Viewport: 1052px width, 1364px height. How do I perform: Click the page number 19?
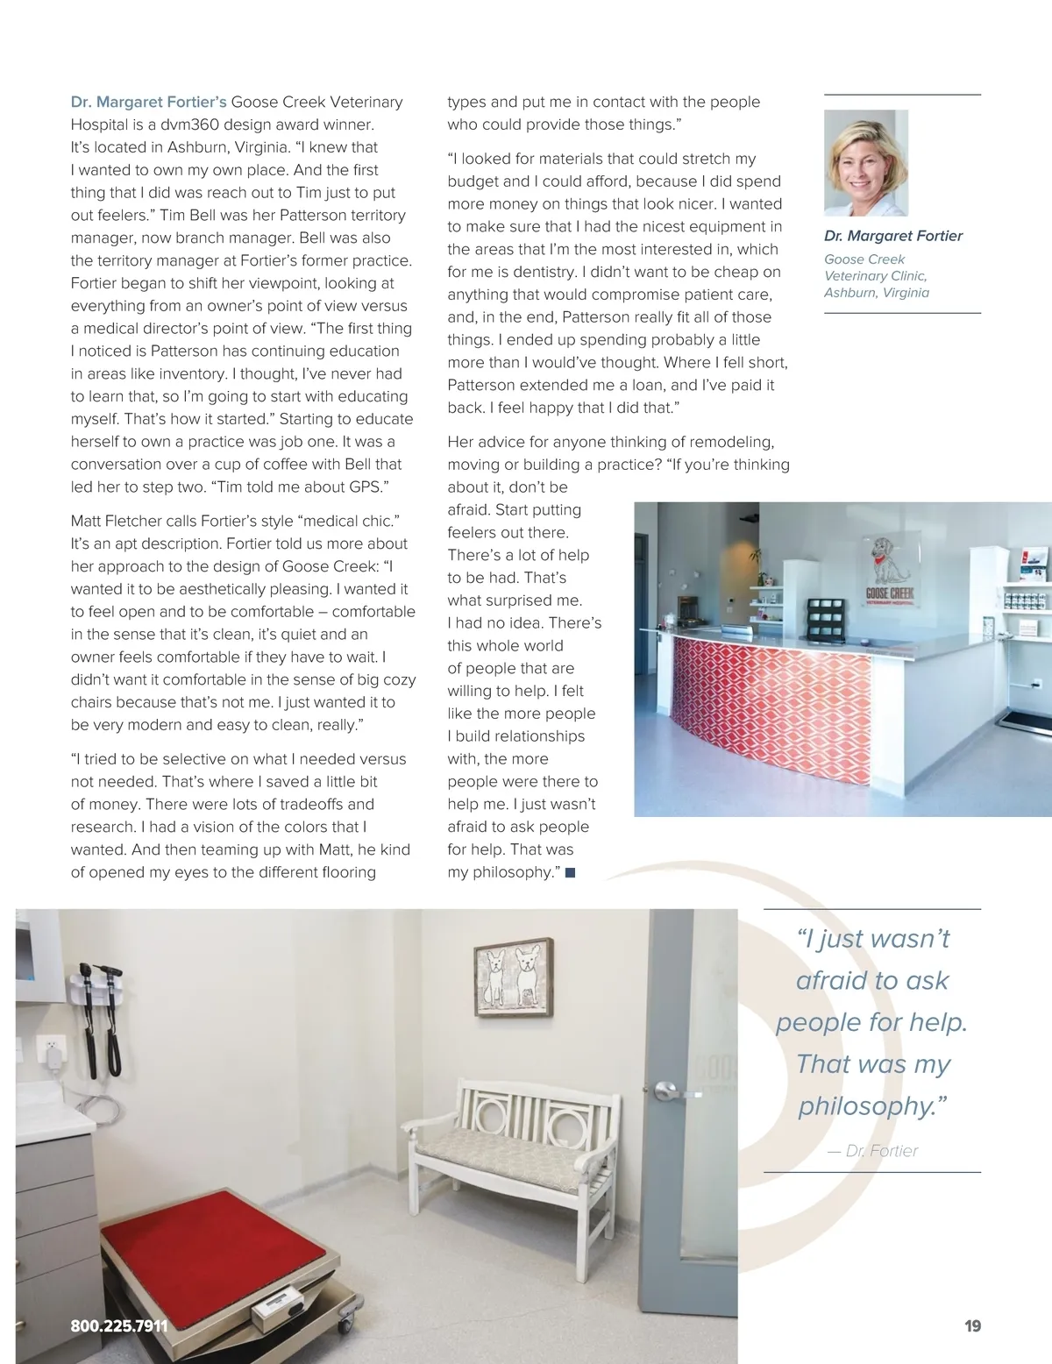(972, 1326)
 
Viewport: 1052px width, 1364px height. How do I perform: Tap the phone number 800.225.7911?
(119, 1326)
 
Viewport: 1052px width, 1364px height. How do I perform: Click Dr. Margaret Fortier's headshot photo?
(866, 163)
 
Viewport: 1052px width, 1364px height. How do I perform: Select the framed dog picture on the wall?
(514, 977)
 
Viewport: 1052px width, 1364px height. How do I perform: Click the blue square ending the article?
(571, 873)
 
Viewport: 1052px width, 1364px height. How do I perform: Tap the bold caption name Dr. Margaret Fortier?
(893, 236)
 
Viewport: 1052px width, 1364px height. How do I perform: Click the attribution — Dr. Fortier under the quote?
(873, 1151)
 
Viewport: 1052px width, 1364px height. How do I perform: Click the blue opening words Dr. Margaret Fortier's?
(148, 102)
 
